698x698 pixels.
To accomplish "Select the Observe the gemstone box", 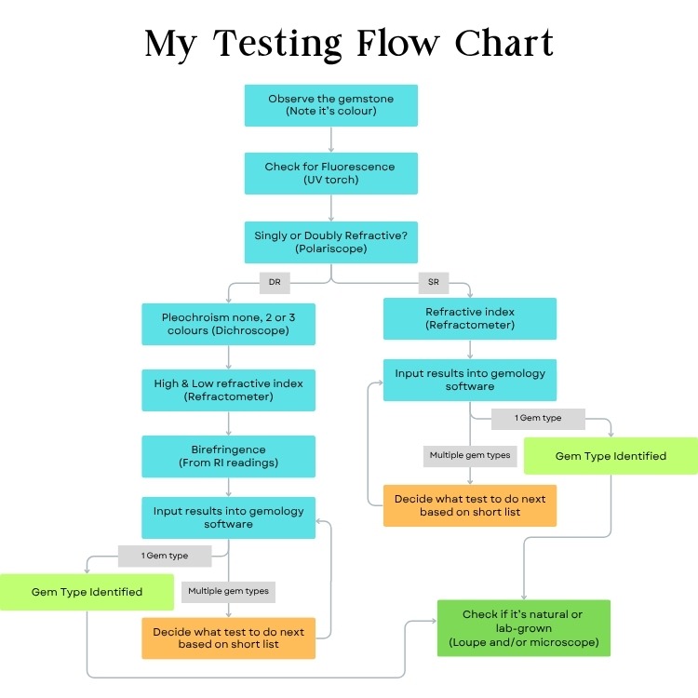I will [x=330, y=105].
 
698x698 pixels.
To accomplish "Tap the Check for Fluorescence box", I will [x=330, y=173].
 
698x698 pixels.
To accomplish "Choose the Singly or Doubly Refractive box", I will [x=330, y=243].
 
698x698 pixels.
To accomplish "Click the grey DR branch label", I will [x=274, y=281].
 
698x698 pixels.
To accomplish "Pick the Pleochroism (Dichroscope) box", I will [x=228, y=324].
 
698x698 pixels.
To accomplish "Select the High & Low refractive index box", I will [x=228, y=389].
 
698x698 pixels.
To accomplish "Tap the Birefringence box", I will [x=228, y=456].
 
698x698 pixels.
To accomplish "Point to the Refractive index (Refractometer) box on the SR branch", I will [x=470, y=318].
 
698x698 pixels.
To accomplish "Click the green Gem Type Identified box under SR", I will [x=611, y=456].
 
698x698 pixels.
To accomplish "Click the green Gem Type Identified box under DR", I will [x=87, y=592].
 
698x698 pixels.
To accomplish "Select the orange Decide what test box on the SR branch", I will [x=470, y=505].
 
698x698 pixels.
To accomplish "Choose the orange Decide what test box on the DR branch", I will [x=228, y=638].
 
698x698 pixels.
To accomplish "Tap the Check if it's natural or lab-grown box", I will [x=523, y=628].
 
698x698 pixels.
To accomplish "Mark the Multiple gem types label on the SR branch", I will [x=469, y=456].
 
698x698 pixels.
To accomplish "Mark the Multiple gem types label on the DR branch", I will [x=228, y=590].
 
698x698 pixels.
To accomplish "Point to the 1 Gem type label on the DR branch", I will [x=165, y=556].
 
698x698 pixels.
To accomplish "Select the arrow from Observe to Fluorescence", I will [x=331, y=140].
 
